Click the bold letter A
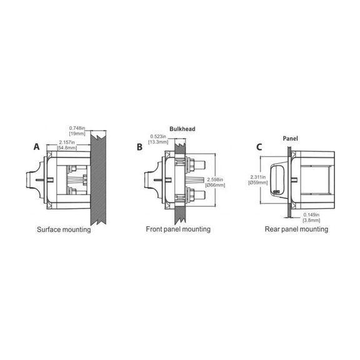pos(36,147)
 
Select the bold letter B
pos(139,147)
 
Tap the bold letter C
pos(259,147)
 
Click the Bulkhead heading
pos(182,129)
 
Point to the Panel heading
pos(291,139)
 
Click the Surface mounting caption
pos(64,229)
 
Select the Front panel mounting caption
pos(178,229)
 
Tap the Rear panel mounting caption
pos(296,229)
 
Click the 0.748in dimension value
pos(77,128)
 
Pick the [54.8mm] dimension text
pos(67,147)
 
